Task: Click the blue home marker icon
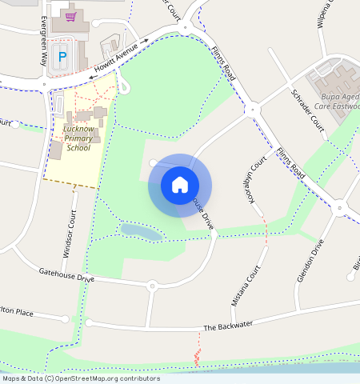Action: pyautogui.click(x=180, y=185)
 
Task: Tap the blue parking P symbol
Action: pyautogui.click(x=62, y=57)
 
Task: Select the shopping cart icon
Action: pyautogui.click(x=70, y=15)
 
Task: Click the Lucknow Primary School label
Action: pyautogui.click(x=78, y=138)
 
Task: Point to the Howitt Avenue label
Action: pyautogui.click(x=115, y=58)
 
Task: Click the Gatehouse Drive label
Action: pyautogui.click(x=66, y=275)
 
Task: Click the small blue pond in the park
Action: pyautogui.click(x=141, y=232)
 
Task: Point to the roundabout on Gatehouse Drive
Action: pyautogui.click(x=151, y=285)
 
